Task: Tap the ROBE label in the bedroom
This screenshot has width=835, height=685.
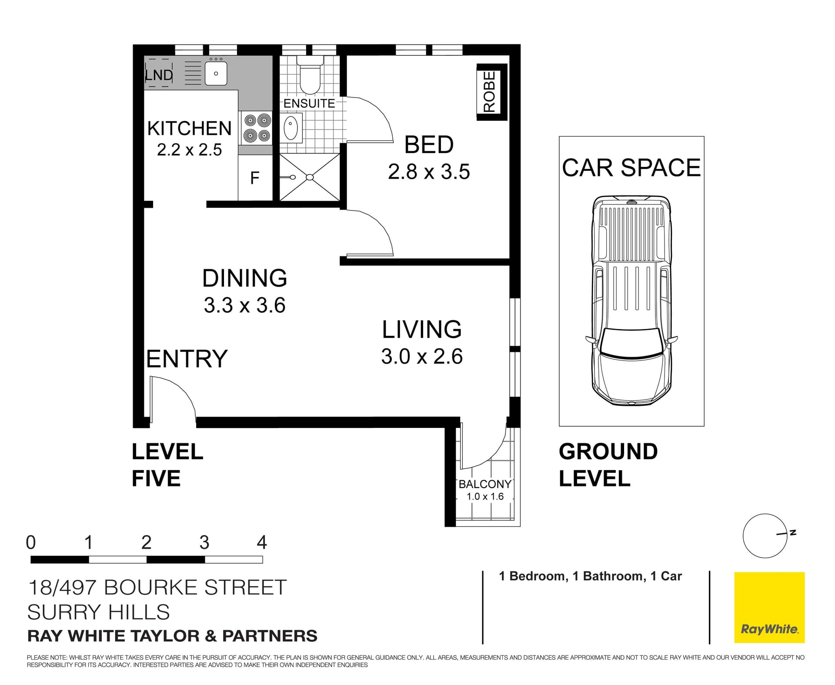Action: tap(490, 92)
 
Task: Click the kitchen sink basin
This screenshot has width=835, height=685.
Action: tap(216, 74)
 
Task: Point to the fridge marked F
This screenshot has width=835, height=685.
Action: tap(255, 178)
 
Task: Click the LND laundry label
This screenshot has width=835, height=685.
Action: tap(159, 75)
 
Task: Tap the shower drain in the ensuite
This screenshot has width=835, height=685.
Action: tap(309, 177)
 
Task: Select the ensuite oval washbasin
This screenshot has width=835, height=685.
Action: tap(291, 128)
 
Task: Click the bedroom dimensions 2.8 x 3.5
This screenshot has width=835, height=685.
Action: tap(428, 172)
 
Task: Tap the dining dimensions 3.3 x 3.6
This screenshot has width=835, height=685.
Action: tap(244, 305)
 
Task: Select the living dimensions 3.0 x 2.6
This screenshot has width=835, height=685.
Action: tap(421, 357)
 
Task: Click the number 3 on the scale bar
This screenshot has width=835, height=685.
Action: tap(204, 542)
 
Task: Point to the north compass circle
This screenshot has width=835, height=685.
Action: tap(765, 536)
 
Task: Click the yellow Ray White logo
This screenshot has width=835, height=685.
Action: tap(769, 607)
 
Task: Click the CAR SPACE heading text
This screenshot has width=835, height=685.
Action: tap(631, 168)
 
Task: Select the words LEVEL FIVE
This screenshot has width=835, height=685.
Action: tap(167, 464)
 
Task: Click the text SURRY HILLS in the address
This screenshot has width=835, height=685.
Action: tap(98, 612)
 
